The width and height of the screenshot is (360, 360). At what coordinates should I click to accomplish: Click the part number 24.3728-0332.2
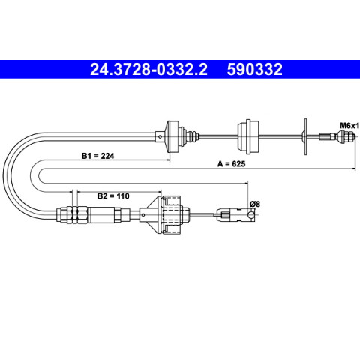[148, 69]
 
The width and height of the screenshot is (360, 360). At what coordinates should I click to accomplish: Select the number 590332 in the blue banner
[255, 69]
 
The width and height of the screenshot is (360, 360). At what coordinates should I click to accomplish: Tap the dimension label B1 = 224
[97, 156]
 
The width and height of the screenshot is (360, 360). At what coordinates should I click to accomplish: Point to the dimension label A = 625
[232, 164]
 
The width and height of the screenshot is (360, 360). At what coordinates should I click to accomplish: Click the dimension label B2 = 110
[113, 196]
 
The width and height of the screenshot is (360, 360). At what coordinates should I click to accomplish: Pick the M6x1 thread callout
[349, 126]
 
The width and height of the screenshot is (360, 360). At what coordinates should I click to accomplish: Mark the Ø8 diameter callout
[255, 204]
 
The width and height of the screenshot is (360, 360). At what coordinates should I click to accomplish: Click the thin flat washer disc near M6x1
[305, 136]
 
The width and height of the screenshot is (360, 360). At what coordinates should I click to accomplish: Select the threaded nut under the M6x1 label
[346, 136]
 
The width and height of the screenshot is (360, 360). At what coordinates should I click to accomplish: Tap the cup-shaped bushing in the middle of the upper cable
[248, 136]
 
